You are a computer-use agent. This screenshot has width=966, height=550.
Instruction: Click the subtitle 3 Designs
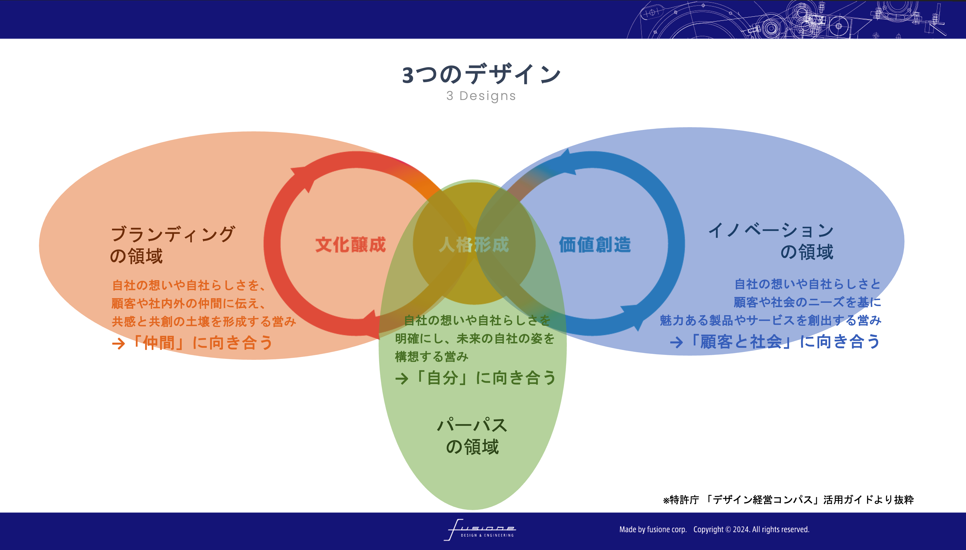(x=481, y=96)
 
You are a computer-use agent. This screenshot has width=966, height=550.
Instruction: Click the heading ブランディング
(x=173, y=234)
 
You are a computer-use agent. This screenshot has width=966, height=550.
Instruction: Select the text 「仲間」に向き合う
(x=202, y=343)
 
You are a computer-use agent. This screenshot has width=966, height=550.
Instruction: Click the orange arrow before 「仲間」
(x=118, y=343)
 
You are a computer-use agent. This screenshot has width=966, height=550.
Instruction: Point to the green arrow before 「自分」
(x=401, y=378)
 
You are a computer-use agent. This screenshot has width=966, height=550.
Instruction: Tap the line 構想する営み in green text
(x=432, y=356)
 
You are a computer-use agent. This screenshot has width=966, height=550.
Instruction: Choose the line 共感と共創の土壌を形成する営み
(x=204, y=321)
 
